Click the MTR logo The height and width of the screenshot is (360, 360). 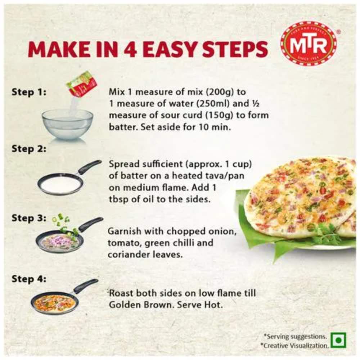click(x=309, y=44)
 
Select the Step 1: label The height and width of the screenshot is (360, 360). click(x=29, y=92)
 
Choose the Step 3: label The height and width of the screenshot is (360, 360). click(x=29, y=218)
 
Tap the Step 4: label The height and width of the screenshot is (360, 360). click(x=29, y=279)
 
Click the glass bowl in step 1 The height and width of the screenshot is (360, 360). click(x=68, y=124)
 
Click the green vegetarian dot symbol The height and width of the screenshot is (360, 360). click(x=338, y=341)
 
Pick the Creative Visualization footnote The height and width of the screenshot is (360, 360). click(x=295, y=345)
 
